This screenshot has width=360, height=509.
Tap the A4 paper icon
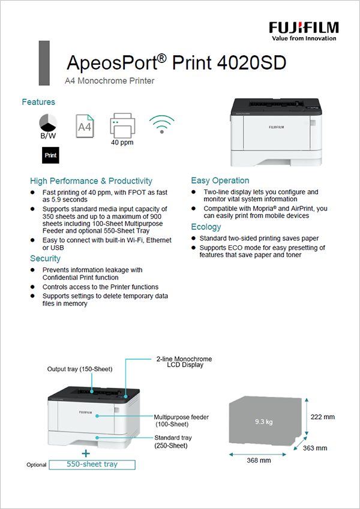coord(85,126)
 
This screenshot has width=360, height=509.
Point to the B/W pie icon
coord(49,122)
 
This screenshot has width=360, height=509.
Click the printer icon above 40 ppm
coord(122,126)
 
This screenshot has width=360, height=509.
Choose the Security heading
coord(46,258)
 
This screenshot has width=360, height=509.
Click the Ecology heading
coord(206,227)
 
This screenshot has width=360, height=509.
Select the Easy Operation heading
coord(220,180)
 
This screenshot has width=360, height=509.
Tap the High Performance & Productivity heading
coord(91,180)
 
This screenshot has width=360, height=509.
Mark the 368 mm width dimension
coord(259,460)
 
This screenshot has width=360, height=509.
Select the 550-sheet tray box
coord(92,464)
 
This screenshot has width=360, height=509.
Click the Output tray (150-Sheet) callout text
coord(80,369)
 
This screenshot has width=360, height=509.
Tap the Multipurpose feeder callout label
coord(181,420)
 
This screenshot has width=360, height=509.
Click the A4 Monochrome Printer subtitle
coord(109,80)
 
